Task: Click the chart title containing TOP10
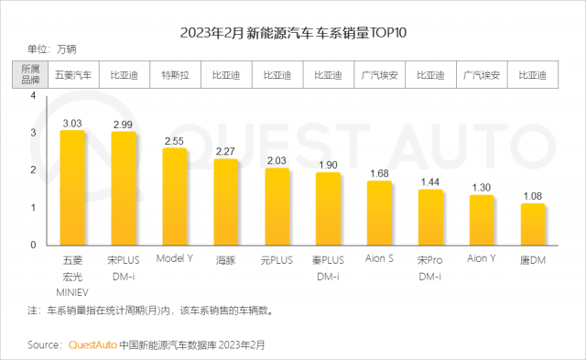click(293, 33)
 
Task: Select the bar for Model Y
click(175, 197)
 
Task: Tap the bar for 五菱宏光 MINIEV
click(72, 188)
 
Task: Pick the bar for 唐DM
click(533, 224)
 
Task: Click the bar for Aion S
click(379, 213)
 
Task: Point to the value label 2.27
click(225, 151)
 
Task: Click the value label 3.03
click(72, 124)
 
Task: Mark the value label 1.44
click(430, 182)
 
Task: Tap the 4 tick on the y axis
click(33, 95)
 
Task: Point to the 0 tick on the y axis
click(33, 245)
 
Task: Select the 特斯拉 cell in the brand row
click(175, 75)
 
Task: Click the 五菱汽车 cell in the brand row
click(73, 75)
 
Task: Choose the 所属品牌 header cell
click(30, 74)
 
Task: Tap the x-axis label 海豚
click(226, 260)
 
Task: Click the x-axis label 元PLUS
click(277, 260)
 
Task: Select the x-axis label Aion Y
click(482, 258)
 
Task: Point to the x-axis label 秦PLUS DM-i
click(328, 268)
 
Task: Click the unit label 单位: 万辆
click(52, 49)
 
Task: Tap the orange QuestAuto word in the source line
click(92, 344)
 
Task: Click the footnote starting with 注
click(150, 311)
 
